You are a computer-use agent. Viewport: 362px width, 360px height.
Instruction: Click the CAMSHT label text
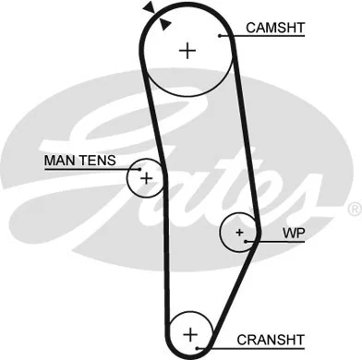pos(273,28)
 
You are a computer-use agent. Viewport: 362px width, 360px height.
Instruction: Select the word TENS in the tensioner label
pos(98,160)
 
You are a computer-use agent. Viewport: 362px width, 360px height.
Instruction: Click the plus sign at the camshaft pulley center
pos(188,50)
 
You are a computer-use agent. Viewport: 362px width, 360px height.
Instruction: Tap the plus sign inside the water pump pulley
pos(239,232)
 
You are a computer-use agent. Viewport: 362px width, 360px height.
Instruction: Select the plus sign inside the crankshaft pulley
pos(190,332)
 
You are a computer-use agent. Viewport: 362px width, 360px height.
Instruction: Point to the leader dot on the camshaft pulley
pos(221,36)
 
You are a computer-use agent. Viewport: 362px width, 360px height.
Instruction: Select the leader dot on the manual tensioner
pos(136,168)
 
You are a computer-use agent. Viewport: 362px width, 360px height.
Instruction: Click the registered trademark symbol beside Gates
pos(355,211)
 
